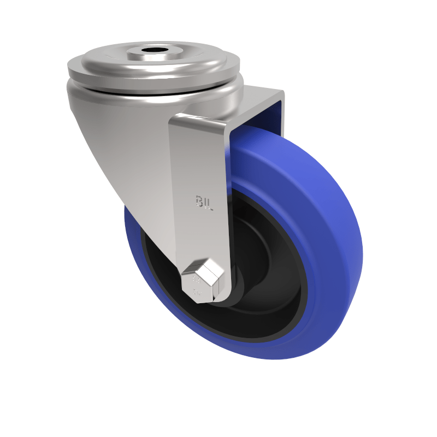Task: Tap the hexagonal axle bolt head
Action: point(202,279)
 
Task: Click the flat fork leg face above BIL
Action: point(199,153)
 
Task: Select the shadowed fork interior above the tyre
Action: point(257,117)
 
